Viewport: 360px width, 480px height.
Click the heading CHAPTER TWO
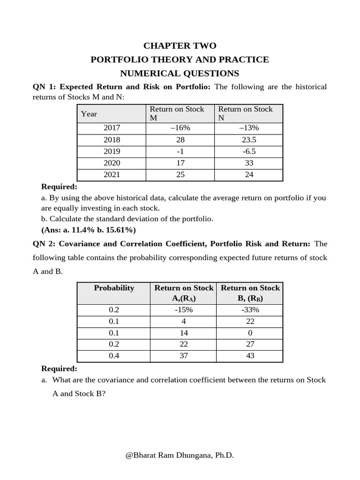[x=180, y=45]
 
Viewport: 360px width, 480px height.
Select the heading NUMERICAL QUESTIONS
[x=180, y=73]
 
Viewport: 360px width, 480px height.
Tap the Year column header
[x=89, y=114]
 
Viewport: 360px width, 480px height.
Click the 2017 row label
[x=112, y=128]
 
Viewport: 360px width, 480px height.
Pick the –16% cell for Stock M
[x=180, y=128]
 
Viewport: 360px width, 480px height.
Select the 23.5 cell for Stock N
[x=248, y=140]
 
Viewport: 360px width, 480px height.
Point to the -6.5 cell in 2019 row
[x=248, y=151]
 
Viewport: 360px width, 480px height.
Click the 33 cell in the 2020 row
[x=248, y=163]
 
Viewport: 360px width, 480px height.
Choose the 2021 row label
[x=112, y=174]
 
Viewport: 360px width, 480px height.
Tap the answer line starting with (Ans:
[x=89, y=230]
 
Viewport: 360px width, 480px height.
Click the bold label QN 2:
[x=44, y=244]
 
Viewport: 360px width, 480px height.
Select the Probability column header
[x=114, y=288]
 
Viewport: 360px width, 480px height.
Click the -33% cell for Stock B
[x=250, y=310]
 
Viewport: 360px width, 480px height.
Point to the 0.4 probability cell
[x=114, y=356]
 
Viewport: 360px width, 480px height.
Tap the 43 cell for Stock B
[x=250, y=356]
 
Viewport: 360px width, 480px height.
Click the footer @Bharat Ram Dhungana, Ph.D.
[x=180, y=455]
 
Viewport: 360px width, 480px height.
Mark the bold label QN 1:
[x=44, y=87]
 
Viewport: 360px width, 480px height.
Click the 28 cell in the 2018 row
[x=180, y=140]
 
